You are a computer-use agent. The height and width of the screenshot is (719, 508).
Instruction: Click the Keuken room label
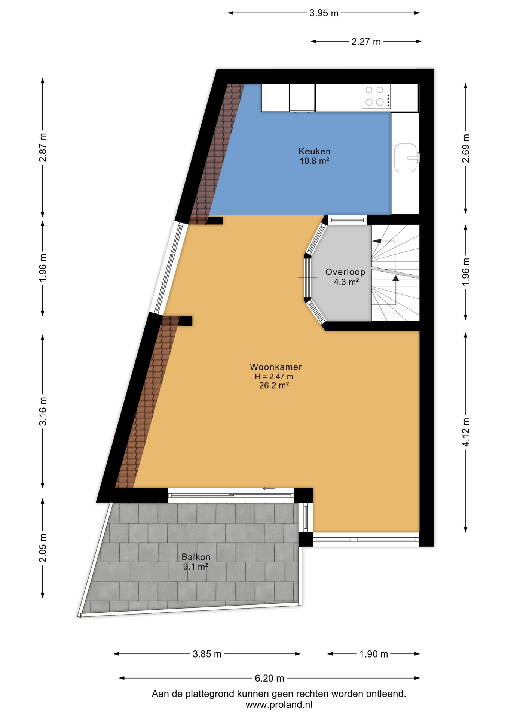[x=314, y=151]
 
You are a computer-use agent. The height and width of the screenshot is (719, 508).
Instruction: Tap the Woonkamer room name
[x=276, y=367]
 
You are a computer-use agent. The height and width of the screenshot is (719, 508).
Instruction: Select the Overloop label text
[x=345, y=272]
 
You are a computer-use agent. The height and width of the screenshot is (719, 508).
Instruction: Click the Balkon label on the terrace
[x=196, y=557]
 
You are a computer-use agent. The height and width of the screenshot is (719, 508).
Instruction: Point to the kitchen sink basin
[x=406, y=158]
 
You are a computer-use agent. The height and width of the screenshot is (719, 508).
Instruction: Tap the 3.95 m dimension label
[x=324, y=13]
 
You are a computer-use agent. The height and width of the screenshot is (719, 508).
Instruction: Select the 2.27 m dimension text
[x=366, y=42]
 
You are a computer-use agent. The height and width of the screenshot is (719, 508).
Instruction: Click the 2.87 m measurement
[x=43, y=148]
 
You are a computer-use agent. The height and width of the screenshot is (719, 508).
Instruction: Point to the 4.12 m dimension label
[x=465, y=432]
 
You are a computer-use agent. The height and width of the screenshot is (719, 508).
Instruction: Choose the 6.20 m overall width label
[x=269, y=678]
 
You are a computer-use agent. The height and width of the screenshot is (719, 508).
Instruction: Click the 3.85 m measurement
[x=207, y=654]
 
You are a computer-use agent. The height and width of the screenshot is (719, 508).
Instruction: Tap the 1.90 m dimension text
[x=373, y=654]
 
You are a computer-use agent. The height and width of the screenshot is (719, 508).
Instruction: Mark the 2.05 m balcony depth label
[x=43, y=548]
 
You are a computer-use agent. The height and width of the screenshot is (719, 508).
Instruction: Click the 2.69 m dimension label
[x=465, y=148]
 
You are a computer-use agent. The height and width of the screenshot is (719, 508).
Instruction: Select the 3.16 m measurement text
[x=43, y=411]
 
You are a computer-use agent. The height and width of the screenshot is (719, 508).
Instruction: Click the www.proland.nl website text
[x=279, y=705]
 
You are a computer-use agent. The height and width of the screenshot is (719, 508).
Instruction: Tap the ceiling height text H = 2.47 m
[x=274, y=377]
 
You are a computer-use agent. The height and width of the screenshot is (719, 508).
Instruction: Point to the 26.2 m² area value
[x=274, y=386]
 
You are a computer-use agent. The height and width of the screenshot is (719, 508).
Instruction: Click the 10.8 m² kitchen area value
[x=314, y=161]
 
